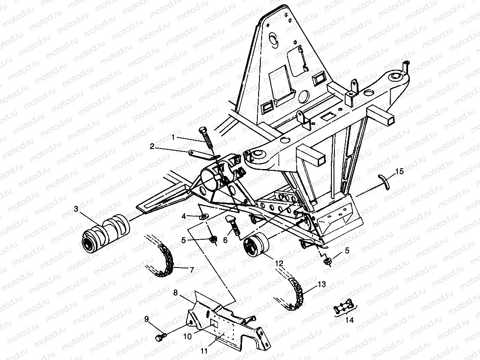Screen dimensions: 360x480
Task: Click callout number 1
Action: [173, 137]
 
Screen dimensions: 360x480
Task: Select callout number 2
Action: [152, 146]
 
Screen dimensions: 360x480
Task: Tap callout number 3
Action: [76, 209]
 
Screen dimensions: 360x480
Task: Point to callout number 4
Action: [184, 216]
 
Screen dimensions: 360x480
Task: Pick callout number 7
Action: [191, 270]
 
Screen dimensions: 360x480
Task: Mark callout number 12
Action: [279, 265]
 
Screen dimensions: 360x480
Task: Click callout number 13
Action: [322, 284]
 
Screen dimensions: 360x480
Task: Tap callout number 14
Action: [349, 319]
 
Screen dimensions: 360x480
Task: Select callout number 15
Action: [399, 172]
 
